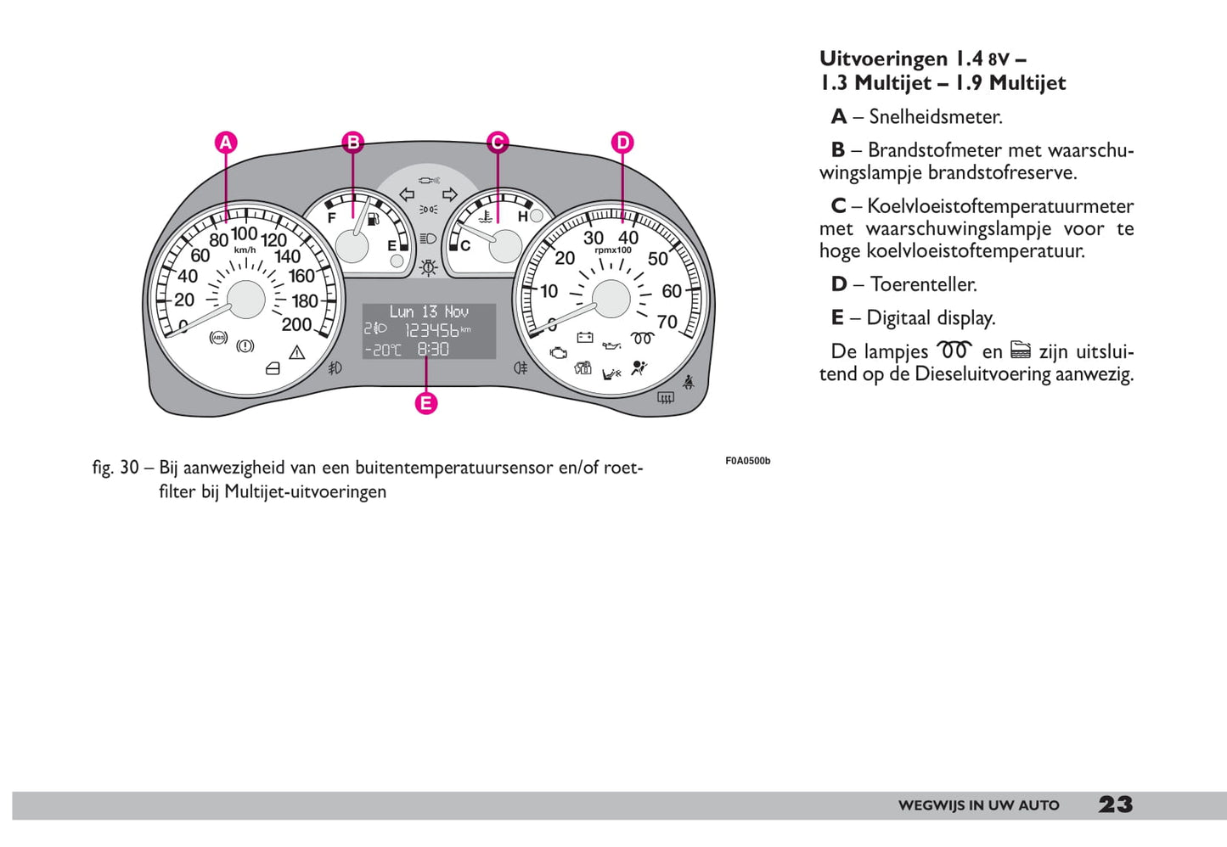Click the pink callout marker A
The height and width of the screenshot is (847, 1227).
pos(225,143)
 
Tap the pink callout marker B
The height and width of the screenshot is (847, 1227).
pos(353,143)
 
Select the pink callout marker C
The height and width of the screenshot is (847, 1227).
pos(498,143)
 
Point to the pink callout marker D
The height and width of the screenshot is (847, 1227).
pos(622,143)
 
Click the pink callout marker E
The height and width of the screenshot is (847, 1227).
pos(426,403)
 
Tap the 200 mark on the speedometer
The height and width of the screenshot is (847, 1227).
pos(296,324)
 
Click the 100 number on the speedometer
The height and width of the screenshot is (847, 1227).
pos(245,233)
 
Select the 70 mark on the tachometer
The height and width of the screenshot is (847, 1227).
pos(667,322)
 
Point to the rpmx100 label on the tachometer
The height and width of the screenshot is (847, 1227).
pos(613,250)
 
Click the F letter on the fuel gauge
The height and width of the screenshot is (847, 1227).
pos(332,217)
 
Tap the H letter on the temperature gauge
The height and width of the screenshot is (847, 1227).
pos(522,217)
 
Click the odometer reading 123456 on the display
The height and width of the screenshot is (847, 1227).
pos(431,330)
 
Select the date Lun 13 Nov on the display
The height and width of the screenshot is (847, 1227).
pos(429,311)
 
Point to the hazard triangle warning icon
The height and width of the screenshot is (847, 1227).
pos(296,352)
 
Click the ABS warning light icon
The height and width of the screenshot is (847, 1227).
pos(219,338)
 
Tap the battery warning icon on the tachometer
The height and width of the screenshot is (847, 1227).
pos(584,337)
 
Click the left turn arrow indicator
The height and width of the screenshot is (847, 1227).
pos(407,194)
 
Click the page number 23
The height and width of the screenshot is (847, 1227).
pos(1115,805)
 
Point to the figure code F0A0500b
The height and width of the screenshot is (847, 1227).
pos(747,461)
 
